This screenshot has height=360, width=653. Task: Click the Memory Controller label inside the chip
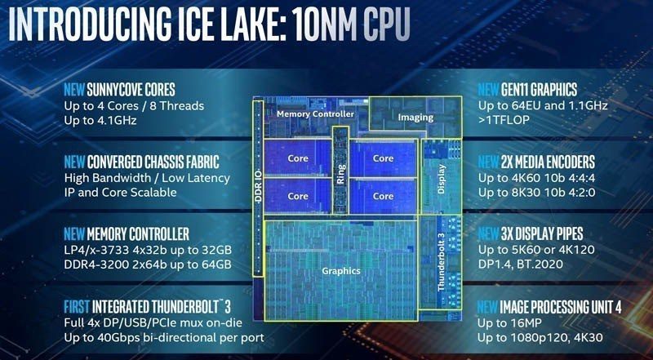pyautogui.click(x=315, y=114)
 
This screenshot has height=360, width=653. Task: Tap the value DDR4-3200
pyautogui.click(x=94, y=266)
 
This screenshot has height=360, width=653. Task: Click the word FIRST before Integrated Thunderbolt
pyautogui.click(x=82, y=307)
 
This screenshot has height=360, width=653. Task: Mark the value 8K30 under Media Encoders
pyautogui.click(x=529, y=193)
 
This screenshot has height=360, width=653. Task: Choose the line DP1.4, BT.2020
pyautogui.click(x=530, y=266)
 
